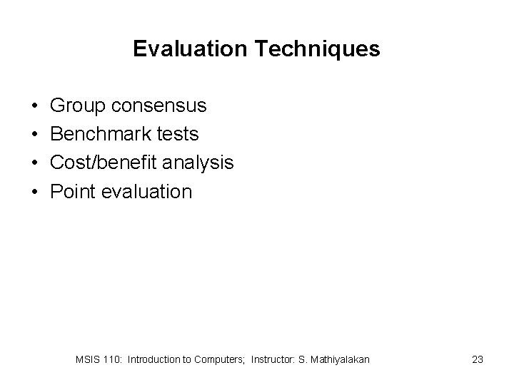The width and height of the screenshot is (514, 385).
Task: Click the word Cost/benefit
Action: click(105, 163)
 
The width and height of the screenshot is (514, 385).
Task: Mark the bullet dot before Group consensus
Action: click(36, 107)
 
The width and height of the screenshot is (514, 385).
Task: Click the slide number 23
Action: click(478, 360)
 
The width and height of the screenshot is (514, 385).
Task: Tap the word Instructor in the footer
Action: click(274, 360)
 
